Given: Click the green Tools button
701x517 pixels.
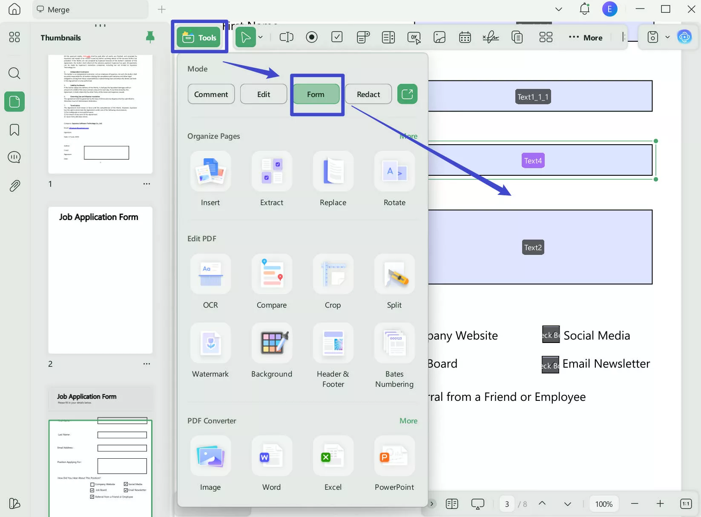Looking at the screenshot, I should pyautogui.click(x=199, y=37).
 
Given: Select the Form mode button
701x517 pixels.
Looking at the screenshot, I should pyautogui.click(x=316, y=94).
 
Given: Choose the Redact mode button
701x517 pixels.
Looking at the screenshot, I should pyautogui.click(x=368, y=94).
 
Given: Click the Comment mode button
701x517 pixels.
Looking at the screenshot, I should pyautogui.click(x=211, y=94).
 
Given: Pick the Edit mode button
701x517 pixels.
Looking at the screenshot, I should pyautogui.click(x=263, y=94).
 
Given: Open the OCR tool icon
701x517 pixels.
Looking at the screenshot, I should pyautogui.click(x=210, y=274).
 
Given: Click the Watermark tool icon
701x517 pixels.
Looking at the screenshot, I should pyautogui.click(x=210, y=343).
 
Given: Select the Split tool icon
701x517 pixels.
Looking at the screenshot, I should pyautogui.click(x=394, y=274).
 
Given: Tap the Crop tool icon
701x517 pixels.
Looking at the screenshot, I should pyautogui.click(x=333, y=274).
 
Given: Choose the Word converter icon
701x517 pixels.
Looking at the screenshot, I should pyautogui.click(x=272, y=456).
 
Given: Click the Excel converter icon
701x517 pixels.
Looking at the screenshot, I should pyautogui.click(x=333, y=456).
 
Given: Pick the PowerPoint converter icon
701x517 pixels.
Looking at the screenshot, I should pyautogui.click(x=394, y=456).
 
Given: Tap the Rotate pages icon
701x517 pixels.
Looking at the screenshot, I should pyautogui.click(x=394, y=171).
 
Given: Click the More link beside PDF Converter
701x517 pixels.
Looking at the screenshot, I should pyautogui.click(x=408, y=420).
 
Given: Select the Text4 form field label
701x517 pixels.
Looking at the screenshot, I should pyautogui.click(x=533, y=161).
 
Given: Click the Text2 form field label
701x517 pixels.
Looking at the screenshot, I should pyautogui.click(x=533, y=247).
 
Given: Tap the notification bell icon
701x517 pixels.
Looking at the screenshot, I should pyautogui.click(x=584, y=9).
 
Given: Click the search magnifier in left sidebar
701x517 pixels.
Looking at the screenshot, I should pyautogui.click(x=14, y=73).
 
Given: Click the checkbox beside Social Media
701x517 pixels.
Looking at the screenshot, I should pyautogui.click(x=550, y=335).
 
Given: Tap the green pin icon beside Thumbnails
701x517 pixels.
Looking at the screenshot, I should pyautogui.click(x=150, y=37).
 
